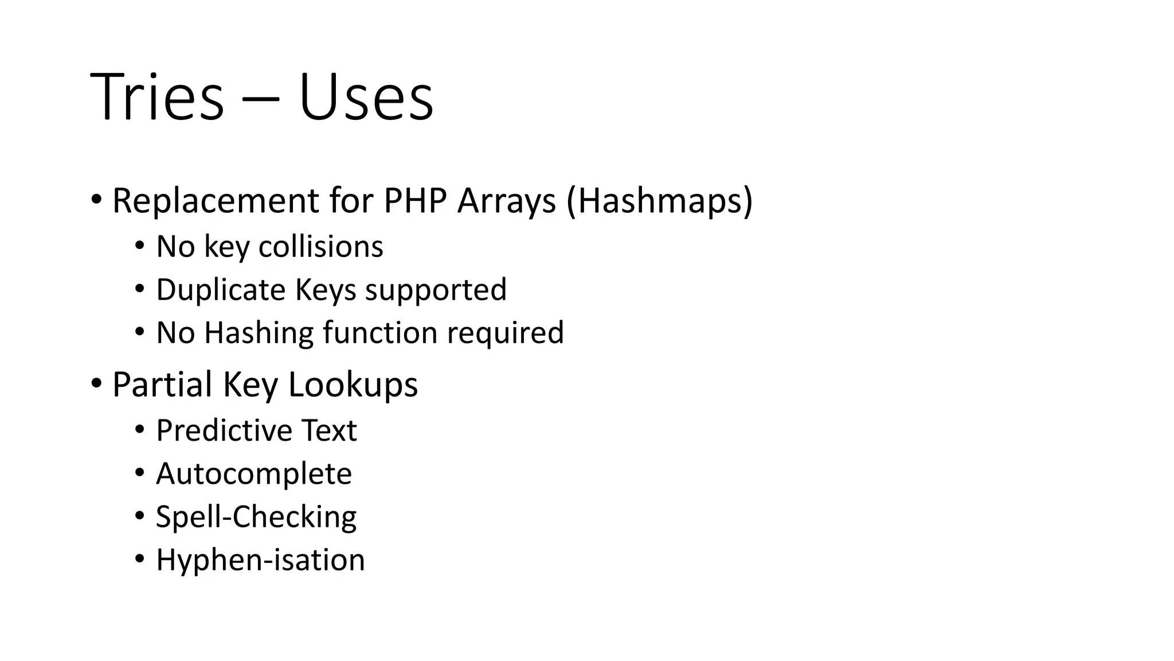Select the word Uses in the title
click(366, 98)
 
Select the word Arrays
click(507, 202)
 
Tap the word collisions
click(320, 247)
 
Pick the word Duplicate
click(221, 290)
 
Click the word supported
click(436, 290)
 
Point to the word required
click(506, 333)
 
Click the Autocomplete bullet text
click(253, 474)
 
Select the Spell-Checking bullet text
click(256, 517)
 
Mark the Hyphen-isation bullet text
click(260, 560)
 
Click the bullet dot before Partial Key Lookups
click(96, 382)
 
